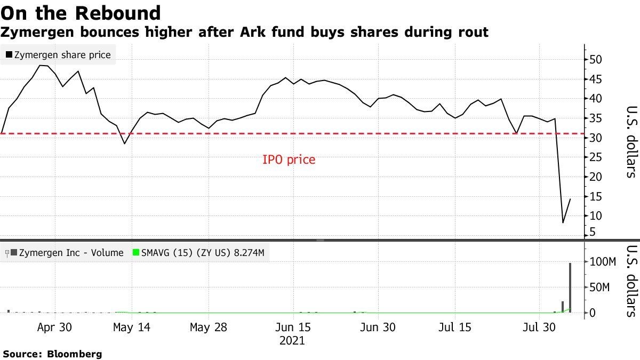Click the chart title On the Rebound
click(x=81, y=12)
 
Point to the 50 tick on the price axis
click(x=596, y=60)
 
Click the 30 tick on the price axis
click(x=596, y=138)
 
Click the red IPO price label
click(x=289, y=159)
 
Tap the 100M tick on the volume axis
click(x=603, y=262)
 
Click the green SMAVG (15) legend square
click(x=135, y=253)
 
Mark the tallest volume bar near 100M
click(x=570, y=288)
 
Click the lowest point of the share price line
click(x=563, y=222)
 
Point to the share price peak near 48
click(x=41, y=65)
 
